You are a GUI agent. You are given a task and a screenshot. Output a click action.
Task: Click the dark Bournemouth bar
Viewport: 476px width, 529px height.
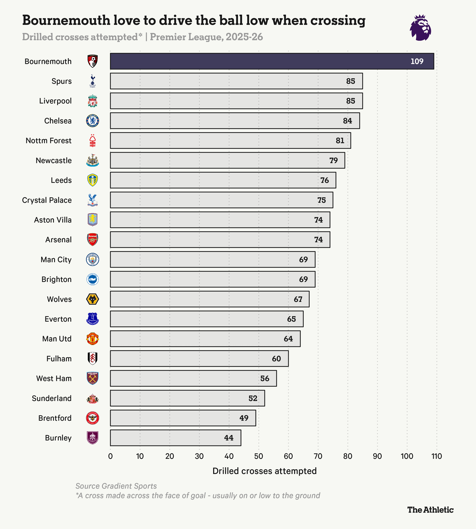pos(272,61)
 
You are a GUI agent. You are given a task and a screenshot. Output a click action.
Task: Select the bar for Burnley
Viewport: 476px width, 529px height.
pos(175,438)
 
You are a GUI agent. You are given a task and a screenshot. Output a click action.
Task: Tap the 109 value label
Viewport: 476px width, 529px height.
pos(417,61)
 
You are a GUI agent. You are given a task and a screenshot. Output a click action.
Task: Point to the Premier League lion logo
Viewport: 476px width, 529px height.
pos(420,28)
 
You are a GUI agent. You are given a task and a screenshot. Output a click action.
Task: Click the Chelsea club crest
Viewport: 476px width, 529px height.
pos(93,121)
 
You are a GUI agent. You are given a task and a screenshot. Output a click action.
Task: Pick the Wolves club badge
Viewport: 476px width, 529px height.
pos(93,299)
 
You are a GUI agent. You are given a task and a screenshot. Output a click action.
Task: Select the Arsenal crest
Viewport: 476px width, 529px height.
pos(93,240)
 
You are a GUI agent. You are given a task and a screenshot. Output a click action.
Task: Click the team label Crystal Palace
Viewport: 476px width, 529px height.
pos(47,200)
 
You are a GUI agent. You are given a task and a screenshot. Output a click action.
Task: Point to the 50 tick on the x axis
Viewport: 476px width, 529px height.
pos(259,456)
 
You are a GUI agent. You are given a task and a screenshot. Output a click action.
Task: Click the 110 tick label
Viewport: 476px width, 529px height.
pos(437,456)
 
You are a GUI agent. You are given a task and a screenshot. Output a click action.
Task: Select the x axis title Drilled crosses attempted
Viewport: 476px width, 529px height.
pos(264,471)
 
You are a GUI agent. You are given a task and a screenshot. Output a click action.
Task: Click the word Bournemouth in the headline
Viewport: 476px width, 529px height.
pos(66,20)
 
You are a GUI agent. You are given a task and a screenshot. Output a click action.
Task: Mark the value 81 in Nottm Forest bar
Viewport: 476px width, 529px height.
pos(340,141)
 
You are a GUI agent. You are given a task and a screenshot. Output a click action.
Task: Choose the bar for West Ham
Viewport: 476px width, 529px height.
pos(193,378)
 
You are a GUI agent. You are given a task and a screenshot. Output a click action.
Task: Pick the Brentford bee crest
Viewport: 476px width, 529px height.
pos(93,418)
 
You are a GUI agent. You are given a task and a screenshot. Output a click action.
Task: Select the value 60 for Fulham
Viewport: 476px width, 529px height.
pos(276,359)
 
